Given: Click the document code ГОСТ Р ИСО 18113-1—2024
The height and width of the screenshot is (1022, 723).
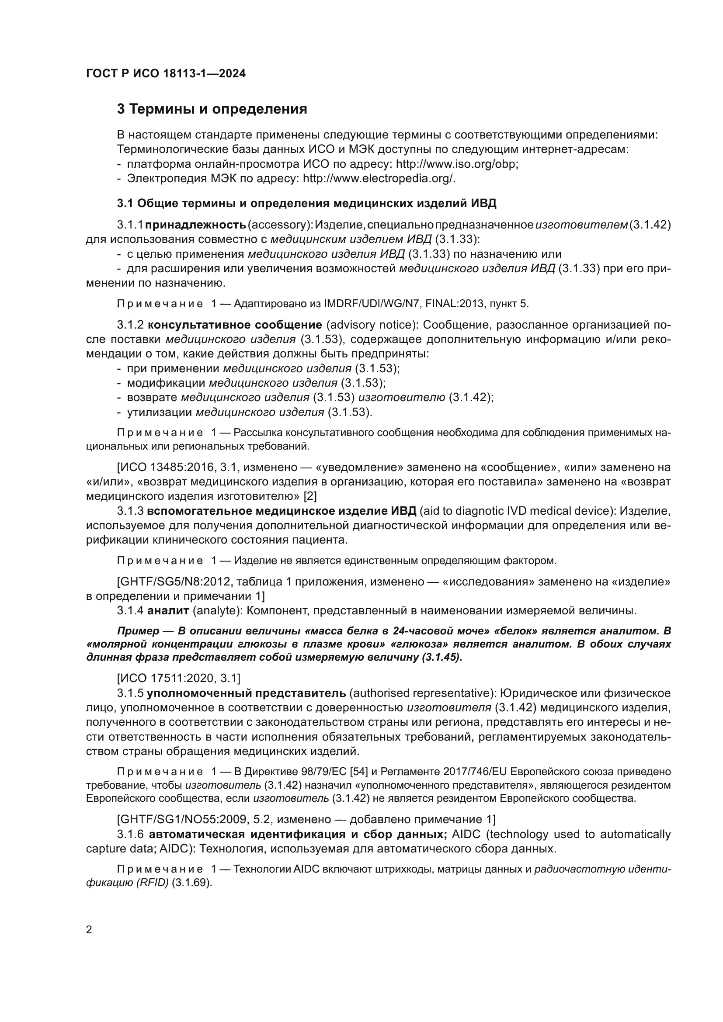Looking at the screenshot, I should pos(166,73).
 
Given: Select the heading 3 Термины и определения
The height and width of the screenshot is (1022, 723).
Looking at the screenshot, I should pos(212,109).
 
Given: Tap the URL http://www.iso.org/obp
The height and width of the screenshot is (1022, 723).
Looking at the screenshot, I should pos(457,164).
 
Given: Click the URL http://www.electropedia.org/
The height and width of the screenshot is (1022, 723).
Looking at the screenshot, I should pos(379,179).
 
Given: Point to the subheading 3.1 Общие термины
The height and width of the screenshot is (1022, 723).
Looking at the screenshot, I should pos(306,204).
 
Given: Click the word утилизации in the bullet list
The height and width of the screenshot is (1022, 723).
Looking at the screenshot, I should pos(160,412).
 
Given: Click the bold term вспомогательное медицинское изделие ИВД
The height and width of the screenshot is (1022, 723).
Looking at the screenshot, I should pos(282,510).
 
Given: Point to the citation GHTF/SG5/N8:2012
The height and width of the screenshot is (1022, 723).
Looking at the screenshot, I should pos(175,582).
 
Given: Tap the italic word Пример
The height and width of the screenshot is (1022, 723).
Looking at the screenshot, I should pos(138,631).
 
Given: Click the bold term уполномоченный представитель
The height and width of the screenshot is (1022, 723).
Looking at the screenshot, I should pos(246,693).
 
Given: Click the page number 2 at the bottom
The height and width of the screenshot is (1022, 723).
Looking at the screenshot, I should pos(89,930).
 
